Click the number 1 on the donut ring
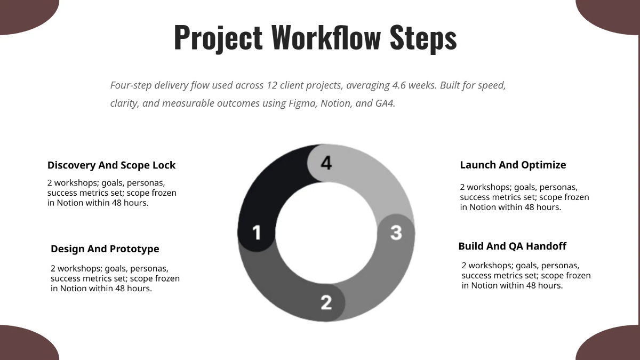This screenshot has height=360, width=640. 257,233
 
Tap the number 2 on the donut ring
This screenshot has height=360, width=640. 326,302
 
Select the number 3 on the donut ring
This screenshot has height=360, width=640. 396,233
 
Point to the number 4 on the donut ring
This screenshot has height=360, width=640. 326,163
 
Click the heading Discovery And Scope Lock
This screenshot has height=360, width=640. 111,165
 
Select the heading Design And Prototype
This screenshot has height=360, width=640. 105,249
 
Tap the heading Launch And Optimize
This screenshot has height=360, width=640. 513,165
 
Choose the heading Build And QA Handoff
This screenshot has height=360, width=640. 512,246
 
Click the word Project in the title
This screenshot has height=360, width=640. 218,37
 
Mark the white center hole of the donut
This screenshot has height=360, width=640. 326,233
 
